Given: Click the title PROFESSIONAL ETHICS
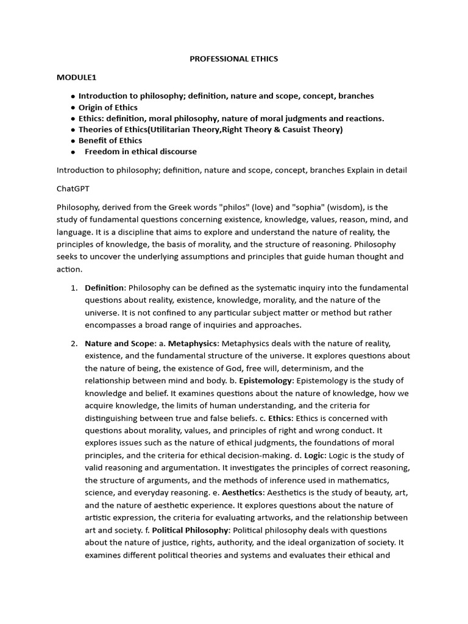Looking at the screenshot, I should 234,59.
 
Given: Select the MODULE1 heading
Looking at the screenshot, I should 77,77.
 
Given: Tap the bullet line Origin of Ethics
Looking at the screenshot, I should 108,107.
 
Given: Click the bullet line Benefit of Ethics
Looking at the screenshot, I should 110,140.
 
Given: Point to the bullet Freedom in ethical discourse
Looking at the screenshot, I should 140,152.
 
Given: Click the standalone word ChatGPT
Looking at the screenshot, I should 73,188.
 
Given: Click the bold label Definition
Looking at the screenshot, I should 104,288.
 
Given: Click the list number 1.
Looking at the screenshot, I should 74,288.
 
